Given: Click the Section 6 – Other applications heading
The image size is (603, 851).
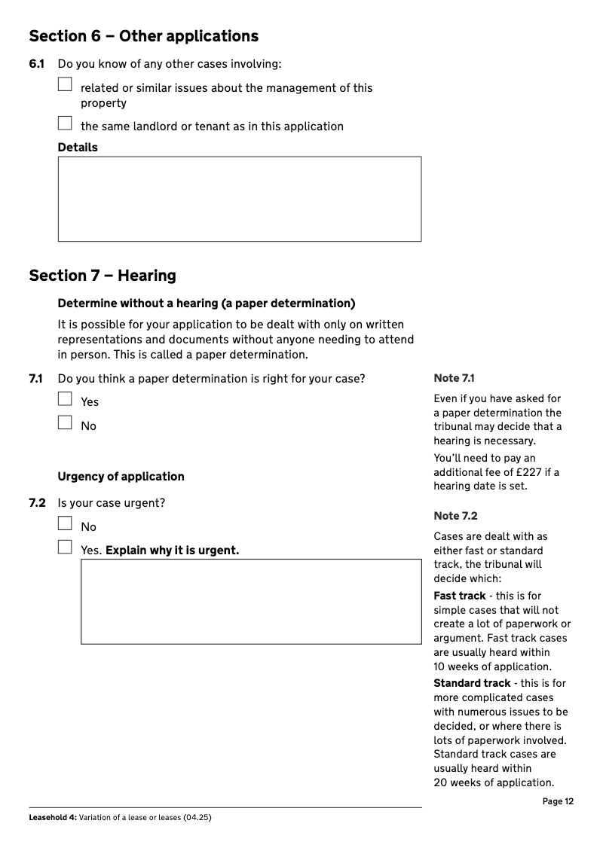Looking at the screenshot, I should [x=143, y=36].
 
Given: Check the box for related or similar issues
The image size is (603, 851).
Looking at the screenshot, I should [x=65, y=84].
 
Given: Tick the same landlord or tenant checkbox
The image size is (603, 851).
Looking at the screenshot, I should [x=65, y=123].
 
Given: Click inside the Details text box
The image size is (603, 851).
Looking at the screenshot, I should [x=239, y=199].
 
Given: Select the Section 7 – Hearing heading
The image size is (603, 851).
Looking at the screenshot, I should [x=103, y=276].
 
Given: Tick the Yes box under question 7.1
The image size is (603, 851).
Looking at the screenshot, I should [x=65, y=399].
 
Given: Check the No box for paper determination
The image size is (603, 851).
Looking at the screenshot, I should [x=65, y=422].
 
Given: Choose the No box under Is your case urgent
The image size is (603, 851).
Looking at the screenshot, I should [x=65, y=523].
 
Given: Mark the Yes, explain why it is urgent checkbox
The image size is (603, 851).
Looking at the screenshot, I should [x=65, y=547].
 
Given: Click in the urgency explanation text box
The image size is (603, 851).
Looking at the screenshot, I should [x=251, y=601].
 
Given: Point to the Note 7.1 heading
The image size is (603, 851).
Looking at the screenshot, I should [x=454, y=378].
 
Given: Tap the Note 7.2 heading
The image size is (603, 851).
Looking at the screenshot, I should [x=455, y=516].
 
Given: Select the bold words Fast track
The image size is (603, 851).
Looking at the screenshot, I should [x=459, y=596].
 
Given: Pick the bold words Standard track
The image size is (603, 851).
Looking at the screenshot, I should [x=472, y=683].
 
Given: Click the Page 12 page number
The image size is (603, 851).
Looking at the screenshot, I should [x=558, y=801].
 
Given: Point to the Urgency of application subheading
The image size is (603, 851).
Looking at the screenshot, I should [x=121, y=477].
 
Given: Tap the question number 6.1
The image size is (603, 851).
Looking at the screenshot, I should [x=37, y=64].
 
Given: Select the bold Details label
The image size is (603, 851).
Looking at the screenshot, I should [x=78, y=148].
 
